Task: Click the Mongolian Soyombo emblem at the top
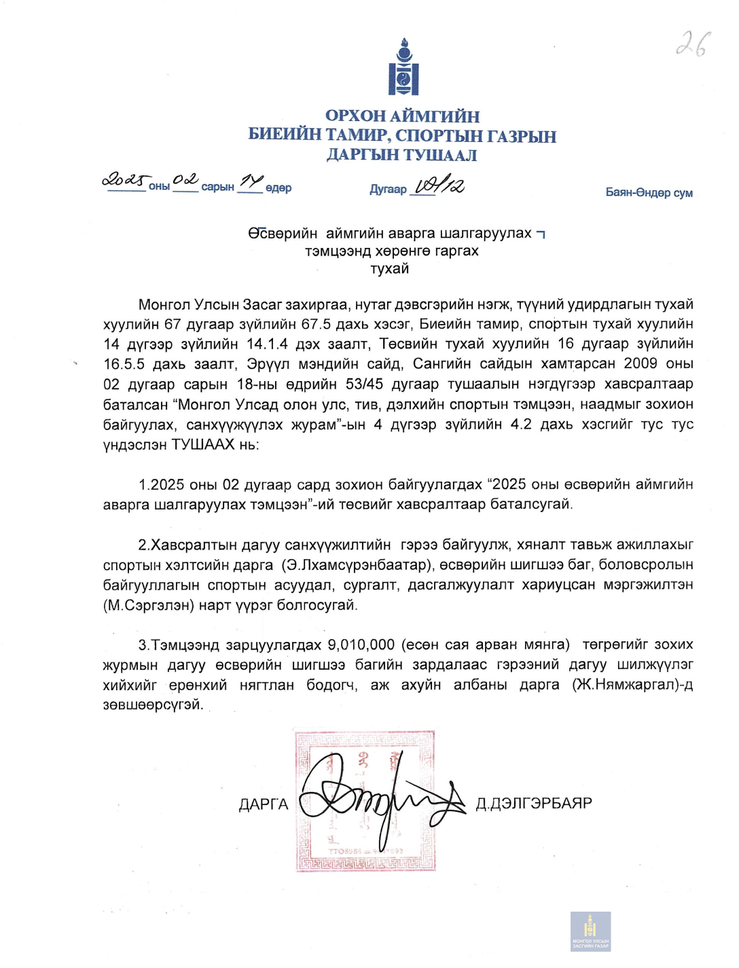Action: coord(403,67)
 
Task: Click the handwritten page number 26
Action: coord(693,44)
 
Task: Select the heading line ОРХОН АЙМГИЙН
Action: coord(402,116)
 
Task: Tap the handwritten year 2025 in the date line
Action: coord(125,181)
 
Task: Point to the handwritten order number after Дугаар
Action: coord(439,185)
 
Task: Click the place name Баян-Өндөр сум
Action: coord(649,193)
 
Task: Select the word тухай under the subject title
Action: coord(390,269)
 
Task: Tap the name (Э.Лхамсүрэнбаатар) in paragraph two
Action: coord(356,564)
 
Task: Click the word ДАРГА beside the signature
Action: coord(264,804)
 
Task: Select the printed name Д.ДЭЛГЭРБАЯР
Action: coord(534,804)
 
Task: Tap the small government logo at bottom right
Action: coord(590,931)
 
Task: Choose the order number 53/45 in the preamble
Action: coord(365,384)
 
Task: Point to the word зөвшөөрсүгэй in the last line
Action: coord(153,705)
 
